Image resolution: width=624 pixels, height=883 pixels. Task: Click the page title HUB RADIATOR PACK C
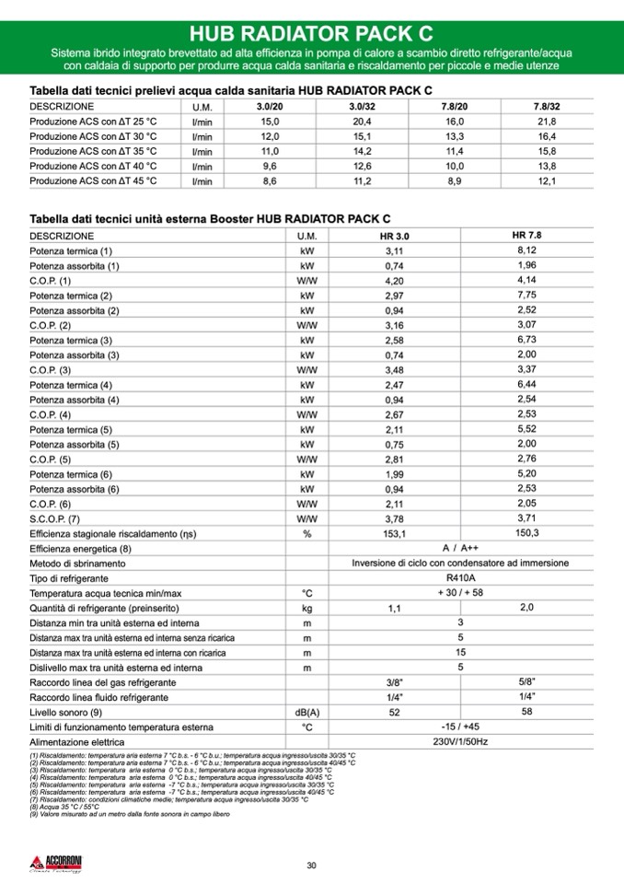point(311,33)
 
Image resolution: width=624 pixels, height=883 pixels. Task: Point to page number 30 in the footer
point(311,865)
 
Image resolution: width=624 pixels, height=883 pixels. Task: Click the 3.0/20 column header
point(270,107)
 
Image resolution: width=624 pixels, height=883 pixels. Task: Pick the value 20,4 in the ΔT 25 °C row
point(362,122)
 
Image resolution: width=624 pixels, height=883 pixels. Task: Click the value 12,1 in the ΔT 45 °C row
point(547,181)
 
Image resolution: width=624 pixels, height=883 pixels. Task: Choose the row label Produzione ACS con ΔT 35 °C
point(93,151)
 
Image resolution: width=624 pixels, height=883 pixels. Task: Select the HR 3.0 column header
point(394,237)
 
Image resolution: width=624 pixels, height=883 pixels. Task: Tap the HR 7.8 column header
point(527,236)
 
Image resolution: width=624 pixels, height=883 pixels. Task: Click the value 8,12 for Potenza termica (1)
point(527,250)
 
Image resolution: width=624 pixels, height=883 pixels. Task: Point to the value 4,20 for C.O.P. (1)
point(394,280)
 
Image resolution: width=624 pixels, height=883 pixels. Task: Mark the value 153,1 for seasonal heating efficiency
point(394,533)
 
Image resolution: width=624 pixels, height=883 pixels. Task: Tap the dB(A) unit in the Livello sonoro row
point(306,712)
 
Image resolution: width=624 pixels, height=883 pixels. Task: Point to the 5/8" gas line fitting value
point(527,681)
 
